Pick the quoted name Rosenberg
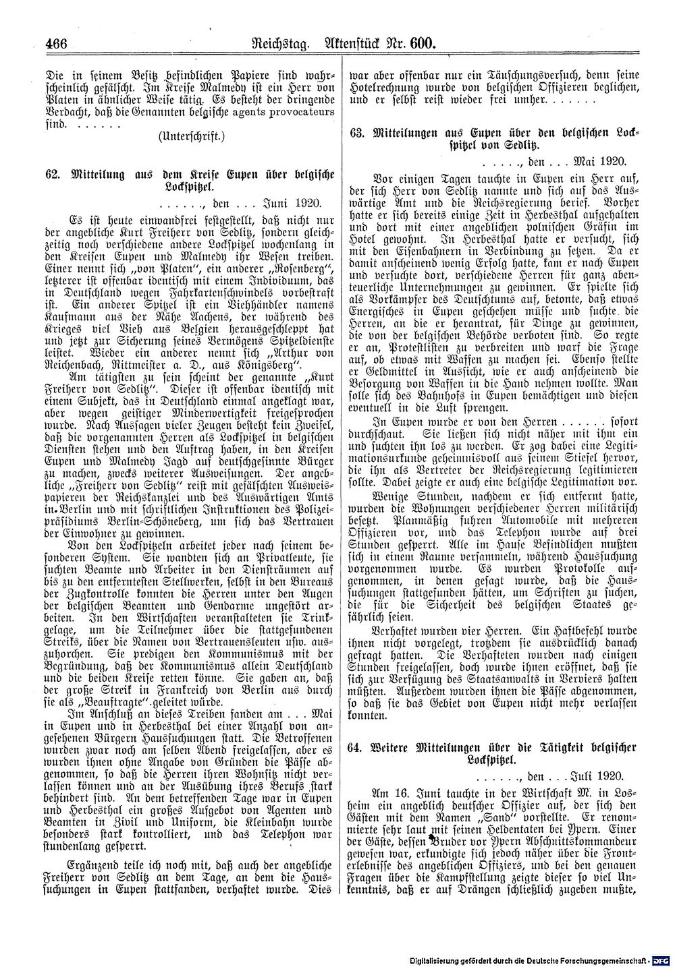(286, 276)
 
